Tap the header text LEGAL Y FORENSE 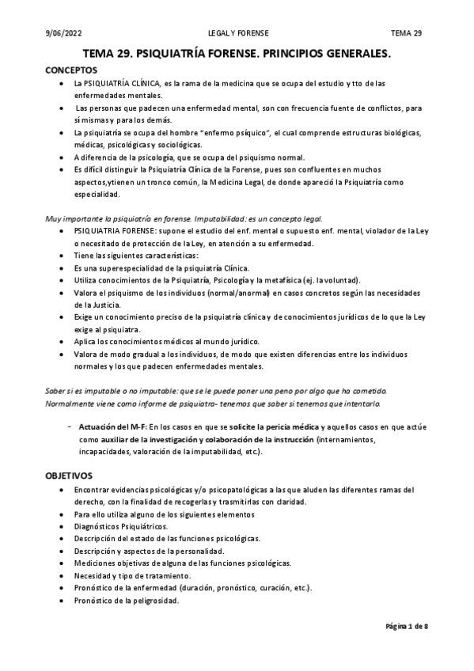point(237,33)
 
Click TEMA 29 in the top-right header point(407,33)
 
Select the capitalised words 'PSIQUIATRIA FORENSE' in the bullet point(113,231)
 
